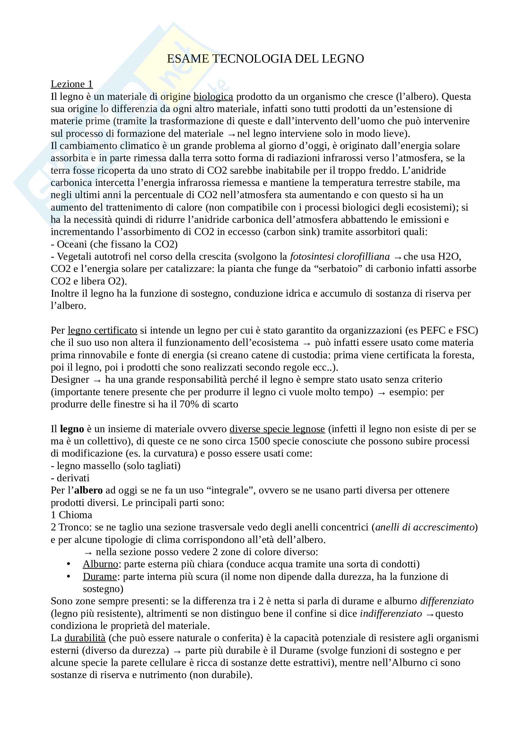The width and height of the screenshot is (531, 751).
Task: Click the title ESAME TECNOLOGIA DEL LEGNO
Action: click(x=265, y=59)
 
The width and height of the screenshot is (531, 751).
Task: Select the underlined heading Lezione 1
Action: click(x=72, y=84)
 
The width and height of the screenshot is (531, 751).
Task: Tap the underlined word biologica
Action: click(x=213, y=97)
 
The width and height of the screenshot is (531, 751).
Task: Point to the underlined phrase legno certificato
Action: click(x=102, y=330)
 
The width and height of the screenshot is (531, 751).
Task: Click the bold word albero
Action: click(x=88, y=490)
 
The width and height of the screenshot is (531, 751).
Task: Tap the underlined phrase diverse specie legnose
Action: click(x=277, y=429)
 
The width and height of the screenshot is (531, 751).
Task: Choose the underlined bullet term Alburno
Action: click(x=100, y=564)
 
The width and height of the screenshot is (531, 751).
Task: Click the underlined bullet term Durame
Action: click(x=100, y=577)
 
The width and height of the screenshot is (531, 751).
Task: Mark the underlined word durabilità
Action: click(x=85, y=638)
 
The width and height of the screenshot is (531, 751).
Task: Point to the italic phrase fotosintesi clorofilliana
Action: click(x=340, y=257)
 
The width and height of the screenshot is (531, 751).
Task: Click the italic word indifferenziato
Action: click(x=391, y=614)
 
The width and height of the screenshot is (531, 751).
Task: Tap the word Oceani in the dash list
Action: click(x=72, y=244)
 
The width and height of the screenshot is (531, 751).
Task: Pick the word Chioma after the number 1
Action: click(x=75, y=515)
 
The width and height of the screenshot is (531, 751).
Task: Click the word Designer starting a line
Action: click(x=70, y=380)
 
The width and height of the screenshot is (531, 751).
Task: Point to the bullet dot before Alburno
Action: click(x=68, y=564)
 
